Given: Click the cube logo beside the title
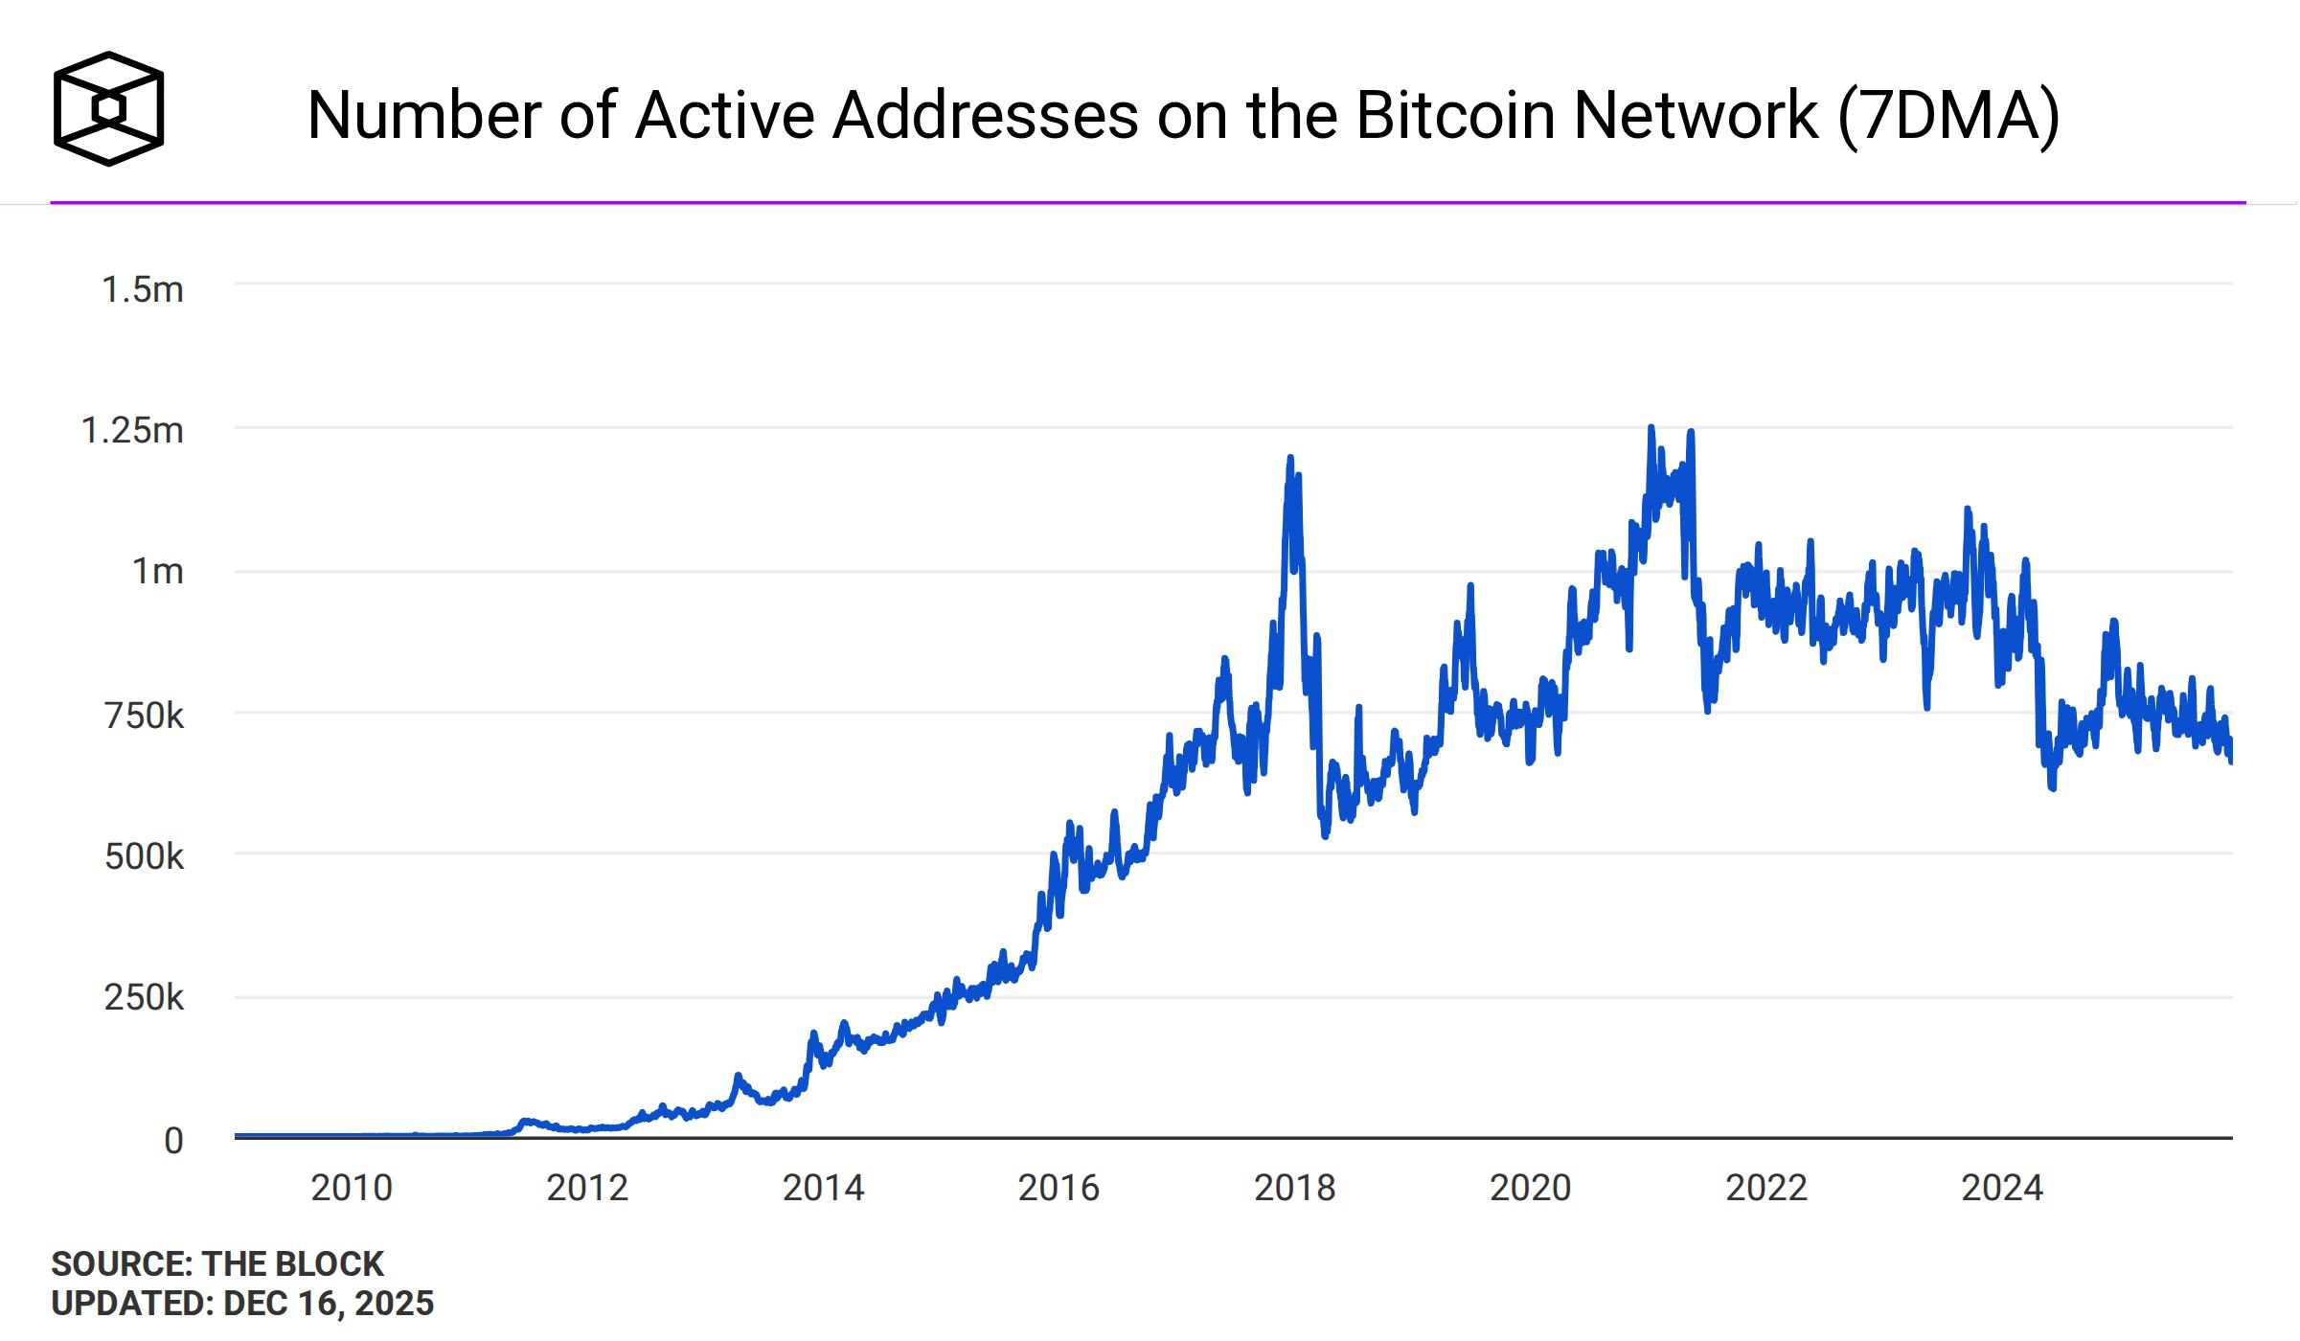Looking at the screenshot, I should click(x=108, y=108).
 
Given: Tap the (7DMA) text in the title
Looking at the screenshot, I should click(x=1948, y=116).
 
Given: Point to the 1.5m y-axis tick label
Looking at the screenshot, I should click(x=143, y=289).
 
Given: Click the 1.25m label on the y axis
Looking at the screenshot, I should click(x=132, y=431).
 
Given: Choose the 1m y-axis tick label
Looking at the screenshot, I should click(x=158, y=572).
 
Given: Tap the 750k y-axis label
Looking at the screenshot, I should click(x=144, y=716).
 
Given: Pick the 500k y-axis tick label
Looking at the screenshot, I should click(x=144, y=856).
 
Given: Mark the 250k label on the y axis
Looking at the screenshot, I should click(x=144, y=998).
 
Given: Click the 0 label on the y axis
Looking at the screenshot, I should click(x=173, y=1141).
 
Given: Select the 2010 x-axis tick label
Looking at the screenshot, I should click(x=352, y=1189).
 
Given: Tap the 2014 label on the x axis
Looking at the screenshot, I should click(x=823, y=1189).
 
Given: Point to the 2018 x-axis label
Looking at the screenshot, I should click(x=1294, y=1189).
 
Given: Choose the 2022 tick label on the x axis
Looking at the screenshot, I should click(x=1765, y=1189).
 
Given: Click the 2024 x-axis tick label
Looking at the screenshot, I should click(x=2001, y=1189).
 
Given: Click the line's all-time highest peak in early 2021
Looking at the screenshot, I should click(x=1651, y=428).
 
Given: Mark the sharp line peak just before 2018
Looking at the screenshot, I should click(x=1290, y=459).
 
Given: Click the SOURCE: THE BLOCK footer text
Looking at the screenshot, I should click(x=217, y=1264).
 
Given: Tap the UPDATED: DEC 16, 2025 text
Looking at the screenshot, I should click(x=242, y=1304).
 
